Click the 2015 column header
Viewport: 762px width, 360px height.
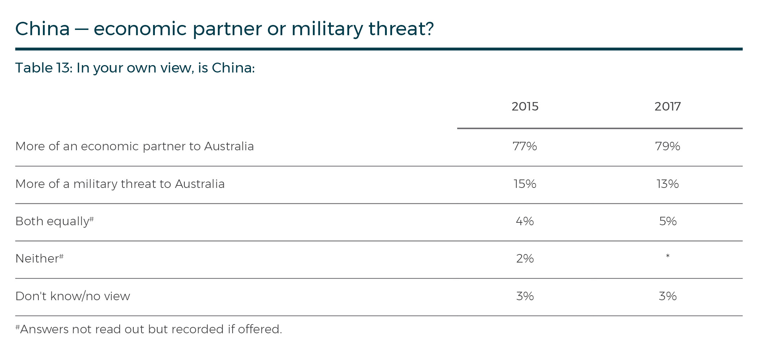click(x=525, y=106)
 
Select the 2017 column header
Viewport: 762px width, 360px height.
click(x=668, y=106)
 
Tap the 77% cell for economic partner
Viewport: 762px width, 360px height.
click(x=525, y=146)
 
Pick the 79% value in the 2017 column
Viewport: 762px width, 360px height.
click(x=668, y=146)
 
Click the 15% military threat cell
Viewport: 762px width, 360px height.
click(x=525, y=184)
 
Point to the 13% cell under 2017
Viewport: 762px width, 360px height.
click(x=668, y=184)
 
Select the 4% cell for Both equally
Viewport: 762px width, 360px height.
click(x=525, y=221)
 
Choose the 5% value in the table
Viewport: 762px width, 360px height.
click(x=668, y=221)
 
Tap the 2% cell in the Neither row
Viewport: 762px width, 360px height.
click(x=525, y=259)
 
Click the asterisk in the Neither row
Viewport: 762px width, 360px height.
click(x=668, y=256)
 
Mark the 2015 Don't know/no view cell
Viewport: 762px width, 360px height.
click(x=525, y=296)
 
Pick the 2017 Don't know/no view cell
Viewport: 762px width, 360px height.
click(x=668, y=296)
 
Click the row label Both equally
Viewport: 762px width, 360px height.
click(x=52, y=221)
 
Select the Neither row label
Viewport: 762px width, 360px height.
click(x=37, y=259)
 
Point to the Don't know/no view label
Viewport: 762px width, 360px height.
click(x=73, y=296)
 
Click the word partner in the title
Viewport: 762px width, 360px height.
click(x=227, y=29)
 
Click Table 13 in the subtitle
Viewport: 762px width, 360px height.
click(x=43, y=68)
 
